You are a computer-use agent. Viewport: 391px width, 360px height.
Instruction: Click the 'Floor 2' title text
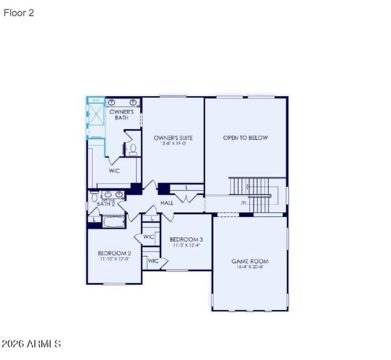(19, 13)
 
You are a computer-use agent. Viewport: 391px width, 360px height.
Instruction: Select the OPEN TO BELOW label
(245, 138)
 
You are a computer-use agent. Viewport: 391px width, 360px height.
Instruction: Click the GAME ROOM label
(250, 261)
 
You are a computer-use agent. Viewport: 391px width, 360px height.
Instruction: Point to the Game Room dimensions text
(250, 268)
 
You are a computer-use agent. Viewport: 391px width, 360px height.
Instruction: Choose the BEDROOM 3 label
(186, 239)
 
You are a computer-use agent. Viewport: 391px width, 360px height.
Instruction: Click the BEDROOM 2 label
(114, 253)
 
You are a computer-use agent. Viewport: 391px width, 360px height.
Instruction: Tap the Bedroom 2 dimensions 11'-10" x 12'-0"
(114, 259)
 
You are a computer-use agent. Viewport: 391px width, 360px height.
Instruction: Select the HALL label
(167, 203)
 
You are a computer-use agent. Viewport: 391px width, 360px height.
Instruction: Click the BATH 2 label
(105, 204)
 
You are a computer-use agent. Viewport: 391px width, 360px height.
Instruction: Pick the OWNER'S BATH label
(122, 114)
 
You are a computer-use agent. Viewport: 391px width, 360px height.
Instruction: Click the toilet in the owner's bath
(132, 149)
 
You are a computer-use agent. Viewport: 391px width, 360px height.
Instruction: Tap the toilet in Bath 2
(94, 196)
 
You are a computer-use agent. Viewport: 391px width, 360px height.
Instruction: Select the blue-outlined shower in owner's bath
(96, 118)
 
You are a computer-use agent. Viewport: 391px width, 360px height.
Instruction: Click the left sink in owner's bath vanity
(112, 103)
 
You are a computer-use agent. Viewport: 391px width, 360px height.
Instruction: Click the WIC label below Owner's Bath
(114, 171)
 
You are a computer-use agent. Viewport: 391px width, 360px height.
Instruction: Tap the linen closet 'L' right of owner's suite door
(186, 188)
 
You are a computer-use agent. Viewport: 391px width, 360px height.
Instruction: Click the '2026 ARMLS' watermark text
(31, 344)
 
